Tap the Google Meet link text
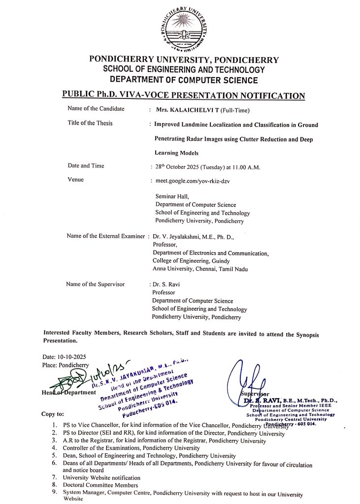[x=193, y=181]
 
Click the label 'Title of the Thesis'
[x=90, y=123]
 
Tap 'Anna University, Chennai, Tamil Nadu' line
[x=200, y=269]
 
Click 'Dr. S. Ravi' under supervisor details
[x=165, y=284]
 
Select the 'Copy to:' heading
[x=53, y=414]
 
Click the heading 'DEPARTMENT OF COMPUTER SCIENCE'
[x=184, y=80]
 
